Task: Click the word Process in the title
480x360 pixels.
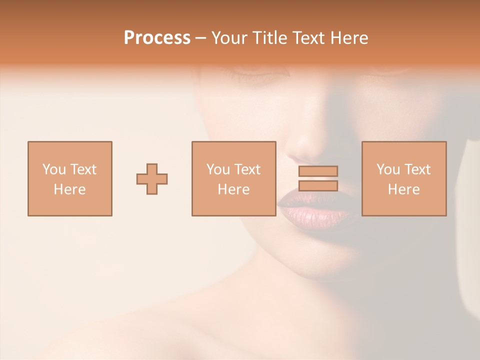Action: click(157, 37)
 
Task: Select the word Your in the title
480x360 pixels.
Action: click(229, 37)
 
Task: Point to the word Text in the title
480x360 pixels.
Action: click(310, 37)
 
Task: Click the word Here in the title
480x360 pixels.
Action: click(350, 37)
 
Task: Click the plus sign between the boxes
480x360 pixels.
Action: click(152, 179)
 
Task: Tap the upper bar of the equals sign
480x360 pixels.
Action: click(318, 171)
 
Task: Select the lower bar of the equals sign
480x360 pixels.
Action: click(318, 186)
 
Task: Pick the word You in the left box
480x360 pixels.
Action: click(54, 169)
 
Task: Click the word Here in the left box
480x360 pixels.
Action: click(69, 189)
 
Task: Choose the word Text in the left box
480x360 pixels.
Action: click(83, 169)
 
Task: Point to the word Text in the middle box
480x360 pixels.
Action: click(247, 169)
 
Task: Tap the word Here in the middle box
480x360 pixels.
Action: click(233, 189)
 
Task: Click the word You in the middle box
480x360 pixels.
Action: click(218, 169)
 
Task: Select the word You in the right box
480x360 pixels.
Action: click(388, 169)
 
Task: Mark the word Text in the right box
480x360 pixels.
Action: click(417, 169)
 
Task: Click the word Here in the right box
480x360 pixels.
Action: click(403, 189)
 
